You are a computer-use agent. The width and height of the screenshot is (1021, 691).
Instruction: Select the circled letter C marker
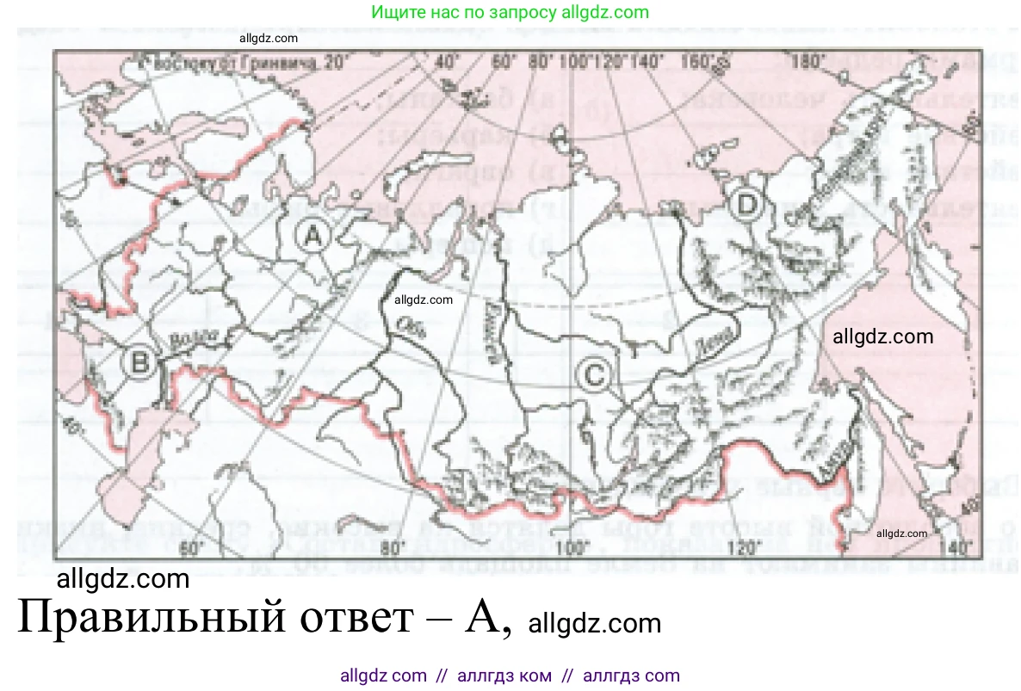click(595, 374)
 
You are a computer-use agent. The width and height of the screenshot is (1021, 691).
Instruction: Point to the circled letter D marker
click(747, 205)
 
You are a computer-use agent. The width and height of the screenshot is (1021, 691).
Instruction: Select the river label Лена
click(708, 342)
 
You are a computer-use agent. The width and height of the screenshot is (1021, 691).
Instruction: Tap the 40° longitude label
click(446, 62)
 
